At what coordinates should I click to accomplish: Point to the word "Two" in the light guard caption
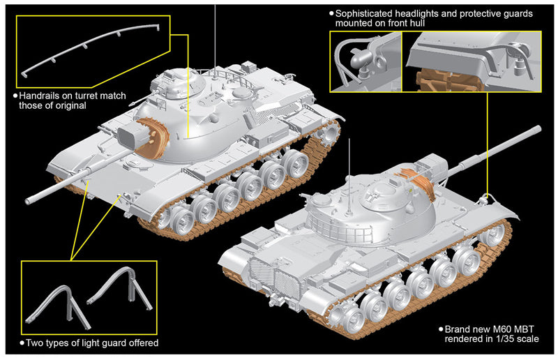tap(34, 343)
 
